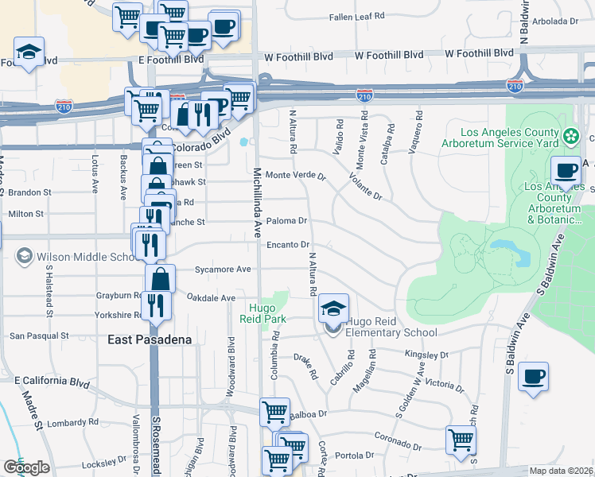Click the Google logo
coord(26,468)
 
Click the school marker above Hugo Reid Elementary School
coord(334,308)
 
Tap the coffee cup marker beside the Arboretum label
coord(566,171)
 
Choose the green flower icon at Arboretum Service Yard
coord(570,137)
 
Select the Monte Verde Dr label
coord(296,175)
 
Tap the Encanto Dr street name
coord(288,245)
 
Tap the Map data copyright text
coord(562,471)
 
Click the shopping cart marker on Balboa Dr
coord(274,413)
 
